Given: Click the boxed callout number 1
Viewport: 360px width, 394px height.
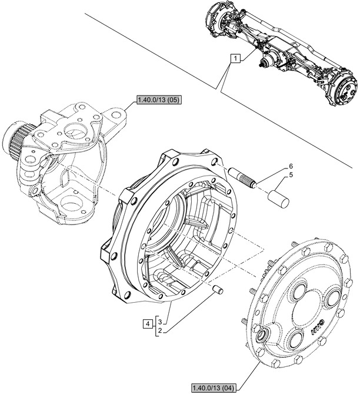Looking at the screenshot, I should click(x=235, y=59).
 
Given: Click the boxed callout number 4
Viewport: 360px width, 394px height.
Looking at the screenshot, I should click(x=146, y=323).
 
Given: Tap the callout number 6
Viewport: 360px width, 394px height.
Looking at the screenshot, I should click(x=289, y=167).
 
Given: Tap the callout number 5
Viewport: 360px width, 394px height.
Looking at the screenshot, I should click(x=289, y=175).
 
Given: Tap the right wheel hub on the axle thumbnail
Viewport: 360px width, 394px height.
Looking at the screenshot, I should click(x=344, y=89).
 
